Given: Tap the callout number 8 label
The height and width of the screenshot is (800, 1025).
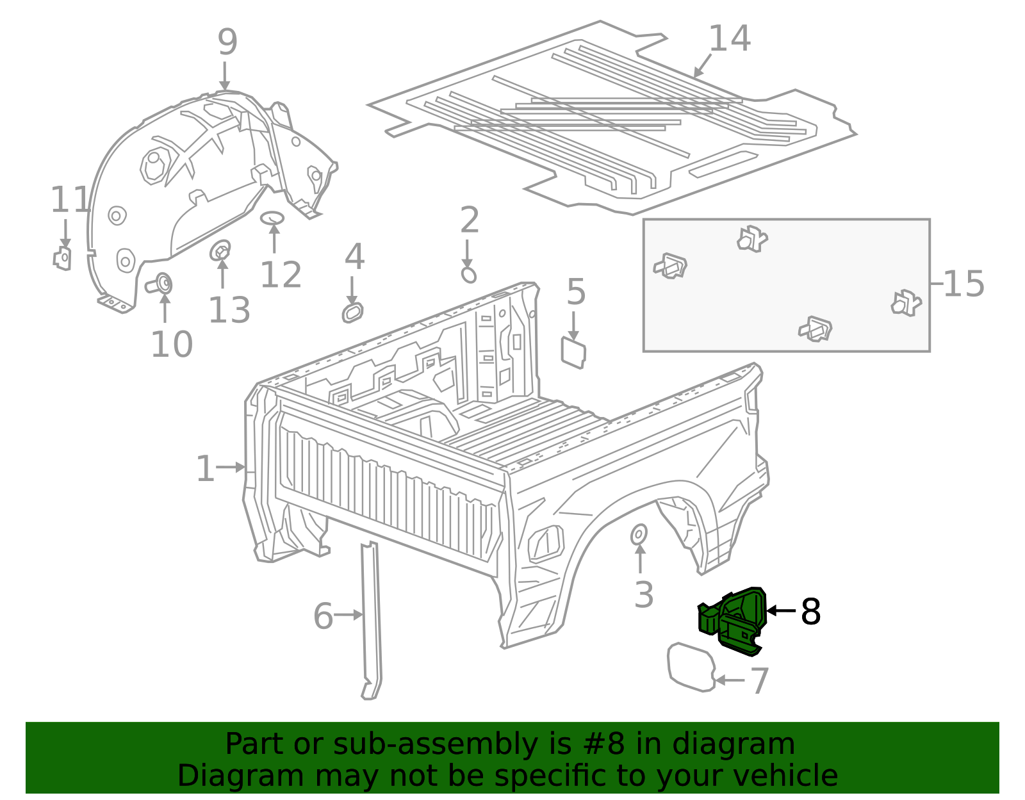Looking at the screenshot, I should click(810, 612).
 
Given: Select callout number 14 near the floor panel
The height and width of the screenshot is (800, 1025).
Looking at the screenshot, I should click(729, 40).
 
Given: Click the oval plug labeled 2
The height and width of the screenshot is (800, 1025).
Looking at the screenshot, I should click(469, 275).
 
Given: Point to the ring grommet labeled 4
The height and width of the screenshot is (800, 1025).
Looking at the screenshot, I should click(352, 313).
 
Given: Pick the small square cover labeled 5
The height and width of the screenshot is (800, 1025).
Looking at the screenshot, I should click(573, 352).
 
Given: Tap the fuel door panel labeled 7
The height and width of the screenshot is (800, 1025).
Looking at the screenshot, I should click(691, 667).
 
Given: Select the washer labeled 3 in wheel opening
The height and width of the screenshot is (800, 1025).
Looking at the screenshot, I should click(639, 534).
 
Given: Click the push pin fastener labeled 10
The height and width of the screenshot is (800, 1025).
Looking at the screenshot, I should click(162, 282).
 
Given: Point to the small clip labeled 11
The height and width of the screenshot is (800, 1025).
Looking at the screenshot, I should click(62, 257).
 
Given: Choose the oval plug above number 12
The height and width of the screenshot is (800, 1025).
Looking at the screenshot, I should click(272, 218).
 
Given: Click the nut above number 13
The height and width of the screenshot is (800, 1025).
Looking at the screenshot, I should click(220, 250).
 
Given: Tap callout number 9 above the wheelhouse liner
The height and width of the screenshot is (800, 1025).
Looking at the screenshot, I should click(227, 42).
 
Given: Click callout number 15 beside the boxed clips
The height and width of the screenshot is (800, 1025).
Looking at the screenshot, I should click(963, 284).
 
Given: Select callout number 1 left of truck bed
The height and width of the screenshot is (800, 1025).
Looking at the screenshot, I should click(205, 469).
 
